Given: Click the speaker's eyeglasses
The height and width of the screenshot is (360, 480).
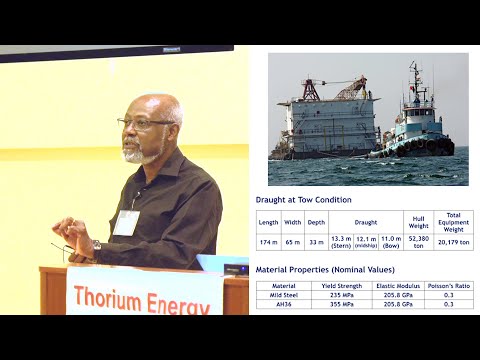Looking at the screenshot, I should click(x=146, y=123).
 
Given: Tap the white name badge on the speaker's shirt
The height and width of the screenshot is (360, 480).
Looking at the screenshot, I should click(x=126, y=222).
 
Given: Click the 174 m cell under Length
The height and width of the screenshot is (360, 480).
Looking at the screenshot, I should click(x=268, y=241).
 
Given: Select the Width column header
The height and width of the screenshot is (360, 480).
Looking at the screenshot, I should click(x=291, y=221).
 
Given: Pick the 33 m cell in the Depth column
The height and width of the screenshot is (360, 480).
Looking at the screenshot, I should click(x=315, y=241).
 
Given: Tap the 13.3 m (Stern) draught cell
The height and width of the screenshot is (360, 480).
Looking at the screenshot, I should click(x=341, y=241).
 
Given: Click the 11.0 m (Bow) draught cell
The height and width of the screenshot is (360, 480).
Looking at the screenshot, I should click(x=390, y=241).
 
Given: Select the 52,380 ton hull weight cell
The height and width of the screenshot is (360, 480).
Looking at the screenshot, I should click(x=418, y=241).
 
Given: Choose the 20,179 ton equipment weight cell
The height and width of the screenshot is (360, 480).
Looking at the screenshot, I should click(x=453, y=241).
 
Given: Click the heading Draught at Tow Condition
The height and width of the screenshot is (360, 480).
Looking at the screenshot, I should click(x=304, y=199).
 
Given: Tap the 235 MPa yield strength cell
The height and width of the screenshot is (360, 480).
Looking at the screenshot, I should click(x=341, y=295).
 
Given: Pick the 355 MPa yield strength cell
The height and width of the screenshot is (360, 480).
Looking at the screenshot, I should click(x=341, y=304).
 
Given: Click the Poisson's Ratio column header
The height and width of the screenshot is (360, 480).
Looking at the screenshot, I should click(x=447, y=286).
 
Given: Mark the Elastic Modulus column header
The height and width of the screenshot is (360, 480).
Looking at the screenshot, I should click(x=398, y=286).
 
